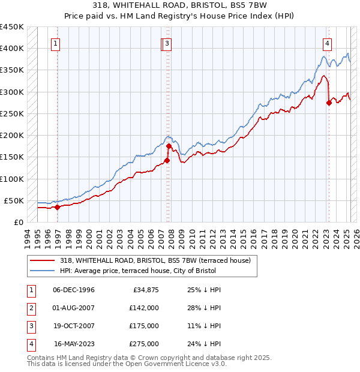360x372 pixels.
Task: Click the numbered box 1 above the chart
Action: (55, 43)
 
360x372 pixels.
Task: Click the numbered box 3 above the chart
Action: (167, 43)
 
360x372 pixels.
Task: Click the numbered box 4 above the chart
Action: (328, 43)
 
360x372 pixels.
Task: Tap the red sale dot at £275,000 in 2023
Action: (329, 103)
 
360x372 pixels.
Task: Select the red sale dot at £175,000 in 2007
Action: (169, 146)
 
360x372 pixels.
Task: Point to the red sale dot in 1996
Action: (58, 207)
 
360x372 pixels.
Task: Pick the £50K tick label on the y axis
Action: (14, 200)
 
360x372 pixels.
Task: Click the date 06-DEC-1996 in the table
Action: (74, 290)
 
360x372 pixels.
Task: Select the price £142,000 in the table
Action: (144, 308)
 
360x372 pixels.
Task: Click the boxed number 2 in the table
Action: (30, 308)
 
